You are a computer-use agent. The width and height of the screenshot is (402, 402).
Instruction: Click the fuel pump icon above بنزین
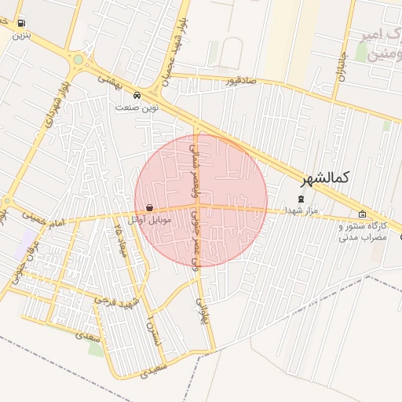click(20, 23)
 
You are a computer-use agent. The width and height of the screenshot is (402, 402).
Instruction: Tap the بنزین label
click(20, 35)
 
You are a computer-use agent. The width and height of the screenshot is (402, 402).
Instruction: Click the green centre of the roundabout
click(78, 60)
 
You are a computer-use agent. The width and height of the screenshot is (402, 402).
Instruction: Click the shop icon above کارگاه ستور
click(362, 214)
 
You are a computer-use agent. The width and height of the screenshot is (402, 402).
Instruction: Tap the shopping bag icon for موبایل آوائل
click(149, 208)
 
